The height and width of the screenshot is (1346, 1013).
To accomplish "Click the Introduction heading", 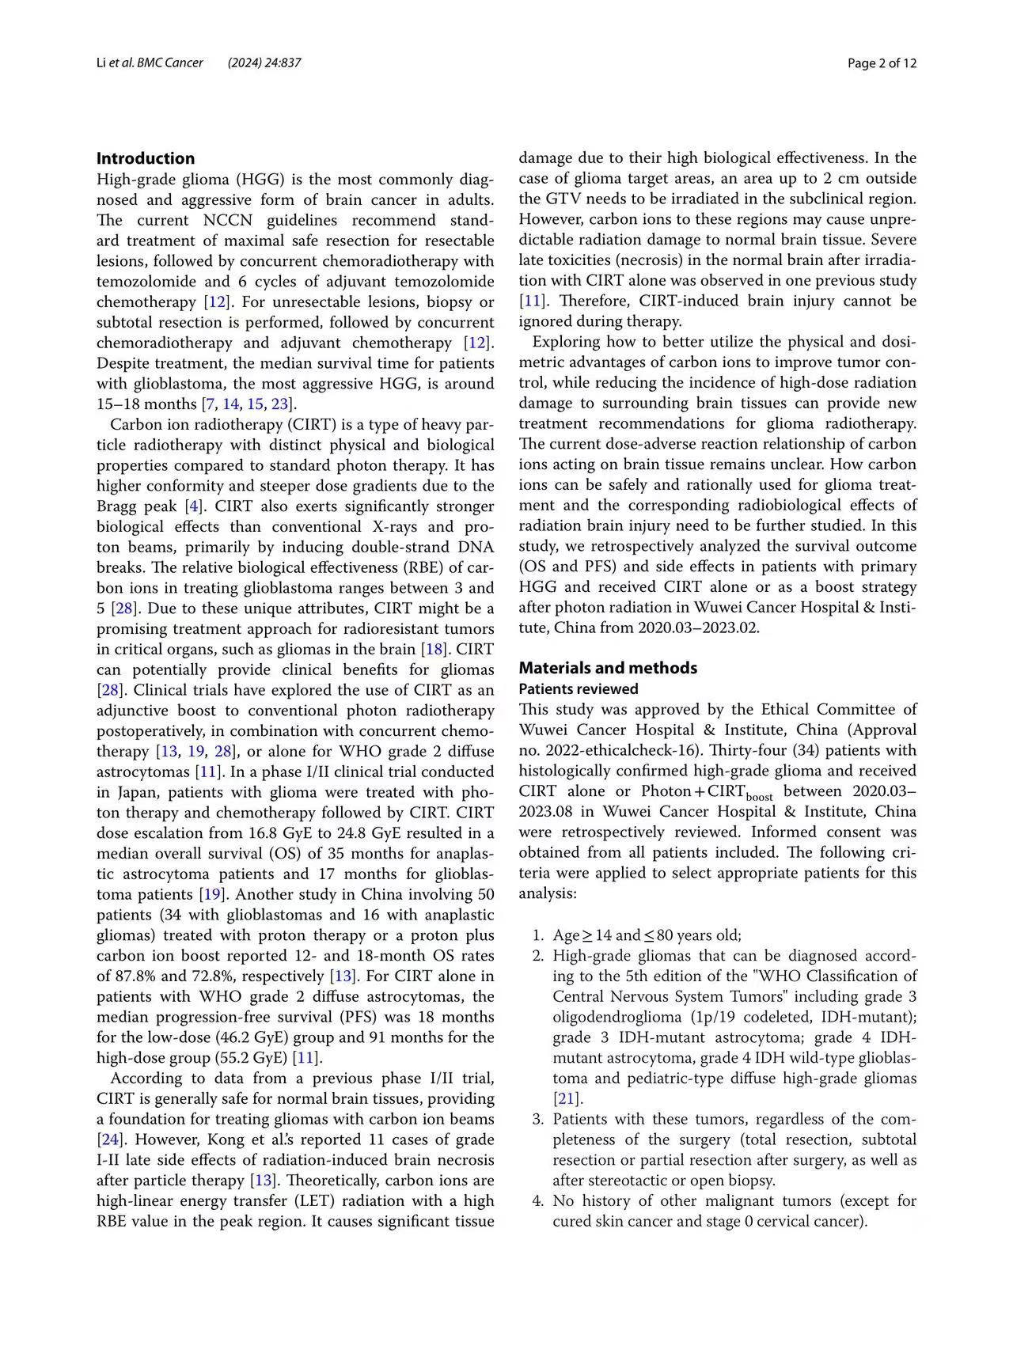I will click(146, 158).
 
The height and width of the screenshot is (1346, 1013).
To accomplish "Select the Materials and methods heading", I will click(608, 668).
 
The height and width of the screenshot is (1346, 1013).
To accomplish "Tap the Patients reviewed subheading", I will click(578, 688).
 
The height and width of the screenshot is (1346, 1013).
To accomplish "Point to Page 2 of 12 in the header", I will click(882, 63).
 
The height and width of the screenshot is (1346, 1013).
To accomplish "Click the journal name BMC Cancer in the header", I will click(170, 63).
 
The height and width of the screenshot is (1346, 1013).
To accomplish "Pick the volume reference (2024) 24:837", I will click(264, 63).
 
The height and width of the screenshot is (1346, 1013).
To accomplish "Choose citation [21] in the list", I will click(567, 1099).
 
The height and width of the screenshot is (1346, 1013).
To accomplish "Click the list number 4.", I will click(538, 1201).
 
